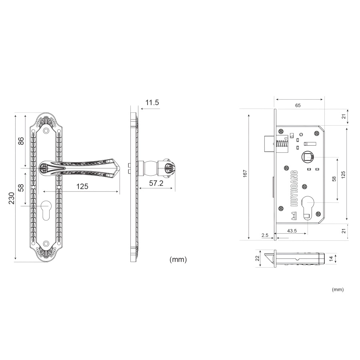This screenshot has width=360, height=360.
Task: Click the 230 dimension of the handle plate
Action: [12, 198]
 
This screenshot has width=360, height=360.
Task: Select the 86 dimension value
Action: [21, 141]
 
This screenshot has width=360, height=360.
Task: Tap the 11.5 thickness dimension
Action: [152, 102]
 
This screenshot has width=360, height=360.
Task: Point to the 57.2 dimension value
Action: [156, 183]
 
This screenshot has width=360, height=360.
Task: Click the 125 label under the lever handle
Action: [82, 186]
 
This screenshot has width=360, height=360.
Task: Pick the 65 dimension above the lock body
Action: [298, 105]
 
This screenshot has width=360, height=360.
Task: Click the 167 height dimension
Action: [245, 173]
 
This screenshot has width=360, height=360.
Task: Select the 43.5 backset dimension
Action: [292, 231]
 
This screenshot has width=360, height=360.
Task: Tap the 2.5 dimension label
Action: [265, 235]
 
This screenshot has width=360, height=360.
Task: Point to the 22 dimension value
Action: [257, 258]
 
